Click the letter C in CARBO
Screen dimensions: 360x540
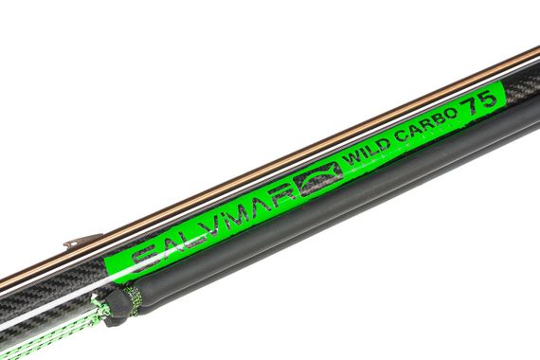pyautogui.click(x=395, y=140)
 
